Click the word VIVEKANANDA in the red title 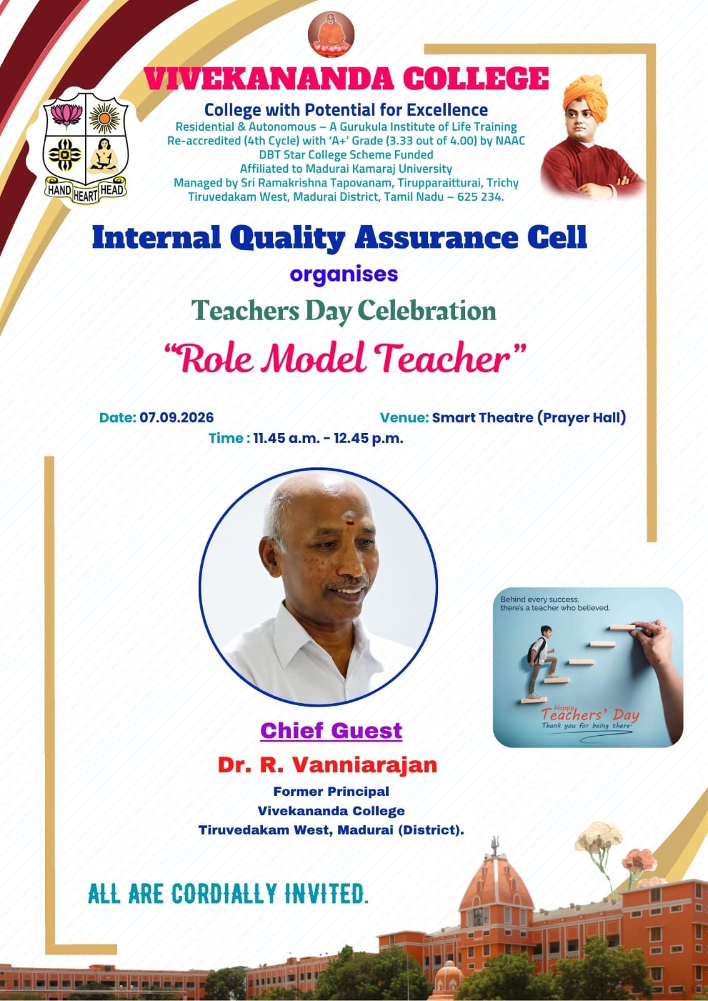point(269,79)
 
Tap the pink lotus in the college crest point(66,115)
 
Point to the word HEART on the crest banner point(85,195)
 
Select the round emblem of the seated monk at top point(331,35)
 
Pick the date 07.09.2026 point(177,417)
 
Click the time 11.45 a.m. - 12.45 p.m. point(328,439)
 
